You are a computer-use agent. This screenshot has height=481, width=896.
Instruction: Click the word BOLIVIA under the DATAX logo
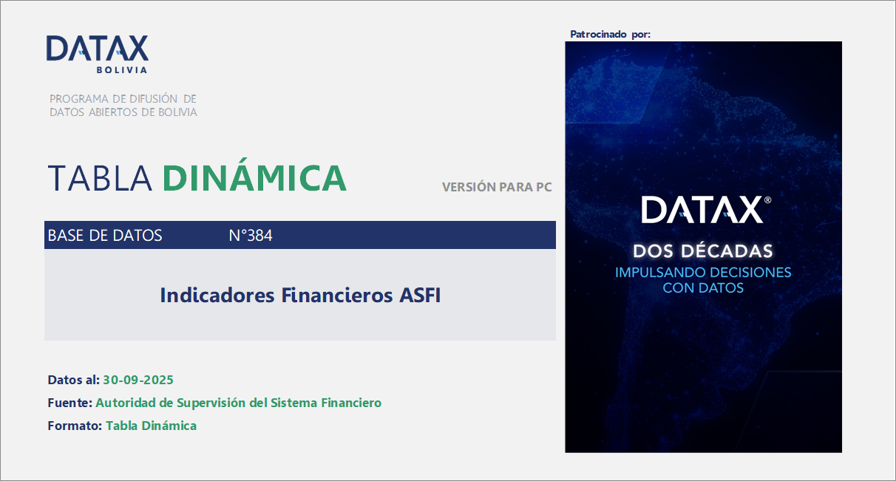point(122,70)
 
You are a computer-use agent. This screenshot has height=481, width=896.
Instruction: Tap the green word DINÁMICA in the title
point(254,178)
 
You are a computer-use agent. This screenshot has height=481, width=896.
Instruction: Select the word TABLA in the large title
point(101,178)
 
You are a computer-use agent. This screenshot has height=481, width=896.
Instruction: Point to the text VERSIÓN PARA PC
point(497,188)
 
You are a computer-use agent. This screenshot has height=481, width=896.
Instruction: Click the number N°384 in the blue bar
point(251,236)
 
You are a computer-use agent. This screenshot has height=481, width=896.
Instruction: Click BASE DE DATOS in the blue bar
point(105,236)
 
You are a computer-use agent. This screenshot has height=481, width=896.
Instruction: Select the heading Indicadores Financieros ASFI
point(300,296)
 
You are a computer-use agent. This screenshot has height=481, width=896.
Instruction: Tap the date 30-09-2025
point(138,380)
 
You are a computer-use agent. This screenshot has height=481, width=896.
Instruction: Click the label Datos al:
point(73,380)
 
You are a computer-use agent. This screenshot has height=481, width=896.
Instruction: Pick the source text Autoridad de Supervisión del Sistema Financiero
point(239,403)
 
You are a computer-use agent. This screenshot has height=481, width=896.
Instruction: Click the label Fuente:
point(70,403)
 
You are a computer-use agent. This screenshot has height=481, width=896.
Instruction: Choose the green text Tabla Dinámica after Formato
point(151,426)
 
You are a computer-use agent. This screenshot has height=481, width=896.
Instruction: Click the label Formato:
point(75,426)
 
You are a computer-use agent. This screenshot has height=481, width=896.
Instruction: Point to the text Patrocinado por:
point(611,35)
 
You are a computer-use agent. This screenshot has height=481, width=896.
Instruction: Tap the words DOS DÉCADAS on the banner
point(703,251)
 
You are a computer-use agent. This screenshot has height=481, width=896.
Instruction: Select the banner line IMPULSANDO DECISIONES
point(703,272)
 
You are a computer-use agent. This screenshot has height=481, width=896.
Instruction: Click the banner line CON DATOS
point(703,287)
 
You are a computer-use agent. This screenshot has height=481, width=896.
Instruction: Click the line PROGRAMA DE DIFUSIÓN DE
point(123,98)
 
